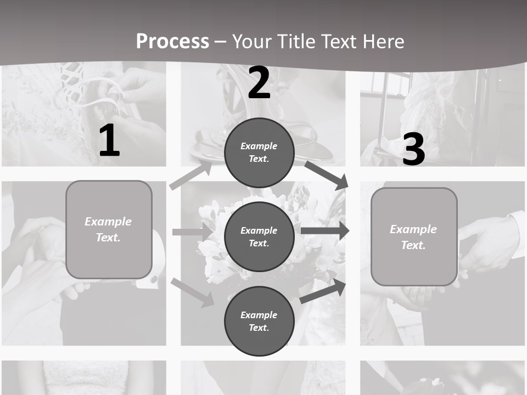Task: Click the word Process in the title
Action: pyautogui.click(x=172, y=42)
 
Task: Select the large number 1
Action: pyautogui.click(x=109, y=140)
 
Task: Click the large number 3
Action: pyautogui.click(x=413, y=149)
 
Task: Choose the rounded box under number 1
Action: pyautogui.click(x=109, y=229)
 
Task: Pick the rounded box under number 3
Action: pyautogui.click(x=414, y=236)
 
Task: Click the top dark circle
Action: pyautogui.click(x=259, y=153)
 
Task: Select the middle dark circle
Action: pyautogui.click(x=259, y=236)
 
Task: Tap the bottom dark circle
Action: pyautogui.click(x=259, y=321)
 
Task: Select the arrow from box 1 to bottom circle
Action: pyautogui.click(x=193, y=292)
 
